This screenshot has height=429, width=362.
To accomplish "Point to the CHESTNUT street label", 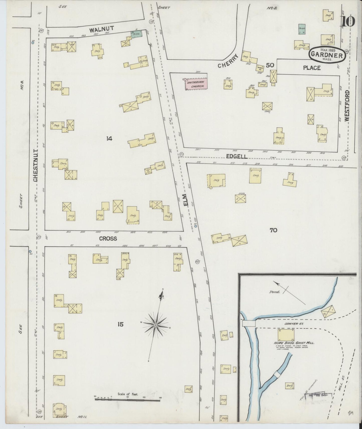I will (36, 166).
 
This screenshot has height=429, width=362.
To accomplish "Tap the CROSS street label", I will (108, 239).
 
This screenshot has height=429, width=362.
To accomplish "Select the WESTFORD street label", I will (347, 106).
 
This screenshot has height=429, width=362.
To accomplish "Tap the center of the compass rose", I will (155, 325).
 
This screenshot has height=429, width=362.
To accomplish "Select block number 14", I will (109, 138).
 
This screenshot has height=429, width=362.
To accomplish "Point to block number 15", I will (120, 324).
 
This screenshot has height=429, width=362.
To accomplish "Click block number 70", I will (273, 230).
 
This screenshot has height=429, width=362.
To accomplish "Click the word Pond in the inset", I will (274, 292).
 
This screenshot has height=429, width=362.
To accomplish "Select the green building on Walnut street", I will (137, 34).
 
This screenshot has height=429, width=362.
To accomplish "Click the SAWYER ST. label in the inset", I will (291, 324).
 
